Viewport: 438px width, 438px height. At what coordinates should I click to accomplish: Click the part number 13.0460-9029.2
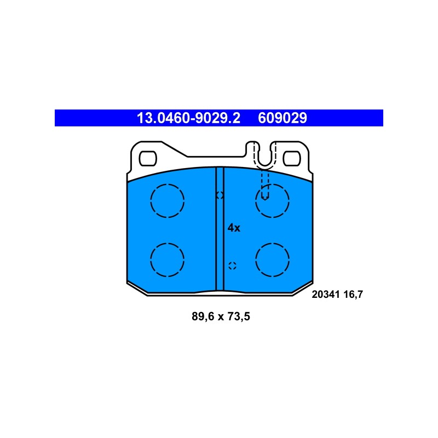coord(188,118)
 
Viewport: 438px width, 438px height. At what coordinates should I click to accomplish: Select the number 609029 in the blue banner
coord(283,118)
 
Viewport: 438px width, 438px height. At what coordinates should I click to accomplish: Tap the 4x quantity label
coord(234,228)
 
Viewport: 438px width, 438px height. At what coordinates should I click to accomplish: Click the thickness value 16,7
coord(353,295)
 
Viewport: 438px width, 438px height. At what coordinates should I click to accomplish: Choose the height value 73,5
coord(239,316)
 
